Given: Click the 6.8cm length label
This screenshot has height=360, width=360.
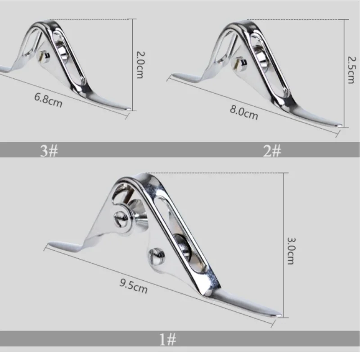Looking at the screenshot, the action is pos(48,100).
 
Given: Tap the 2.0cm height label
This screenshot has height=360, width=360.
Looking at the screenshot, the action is pos(140,65).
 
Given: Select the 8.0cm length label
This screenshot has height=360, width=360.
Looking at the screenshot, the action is pos(244,113).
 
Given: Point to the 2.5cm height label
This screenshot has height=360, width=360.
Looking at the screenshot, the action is pos(351,70).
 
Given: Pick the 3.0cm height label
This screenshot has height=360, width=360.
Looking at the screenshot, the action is pos(291,251).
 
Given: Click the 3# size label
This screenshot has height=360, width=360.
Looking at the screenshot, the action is pos(49,151).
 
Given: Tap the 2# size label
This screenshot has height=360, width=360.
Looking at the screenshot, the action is pos(272,151).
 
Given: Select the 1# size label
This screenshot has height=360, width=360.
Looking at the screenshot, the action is pos(168,339).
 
